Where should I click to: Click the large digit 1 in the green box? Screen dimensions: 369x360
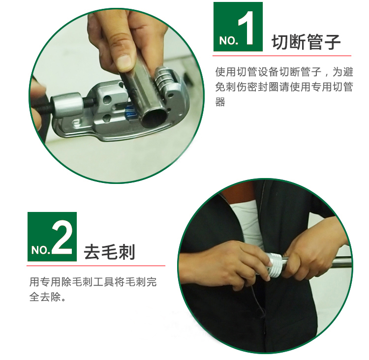point(246,28)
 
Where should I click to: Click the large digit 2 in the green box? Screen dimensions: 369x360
point(61,237)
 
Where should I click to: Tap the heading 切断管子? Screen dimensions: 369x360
point(306,42)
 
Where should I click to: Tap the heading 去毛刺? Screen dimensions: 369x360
point(109,252)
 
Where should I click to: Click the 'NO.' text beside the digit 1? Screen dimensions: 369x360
point(228,41)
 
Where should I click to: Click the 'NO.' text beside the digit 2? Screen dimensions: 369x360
point(41,250)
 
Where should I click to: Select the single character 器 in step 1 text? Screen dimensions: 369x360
point(220,102)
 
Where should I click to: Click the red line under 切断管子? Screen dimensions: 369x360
point(282,56)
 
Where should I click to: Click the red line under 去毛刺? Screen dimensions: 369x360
point(96,266)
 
